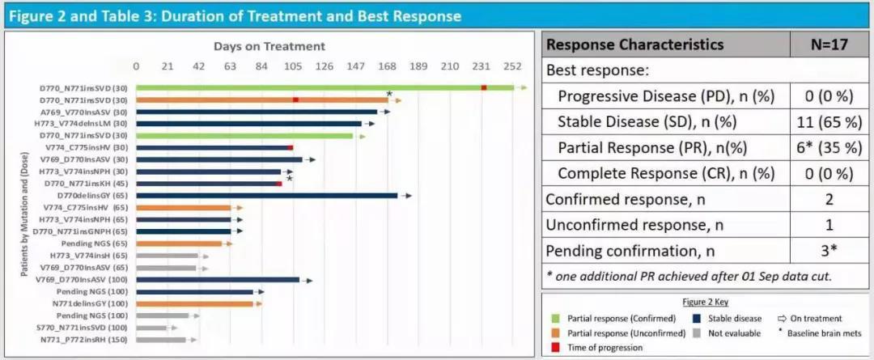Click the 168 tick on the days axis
(x=388, y=67)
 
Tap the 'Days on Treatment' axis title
(x=269, y=46)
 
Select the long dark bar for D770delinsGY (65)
(x=266, y=196)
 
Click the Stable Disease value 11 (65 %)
(x=829, y=122)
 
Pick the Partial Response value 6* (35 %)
(x=829, y=148)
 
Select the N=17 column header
(x=829, y=44)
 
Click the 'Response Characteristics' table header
(x=635, y=44)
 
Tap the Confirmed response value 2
(x=829, y=199)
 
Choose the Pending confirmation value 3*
(x=829, y=251)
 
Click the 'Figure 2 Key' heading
(x=705, y=302)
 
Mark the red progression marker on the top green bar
(x=484, y=88)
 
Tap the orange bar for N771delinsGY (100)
(x=194, y=303)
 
